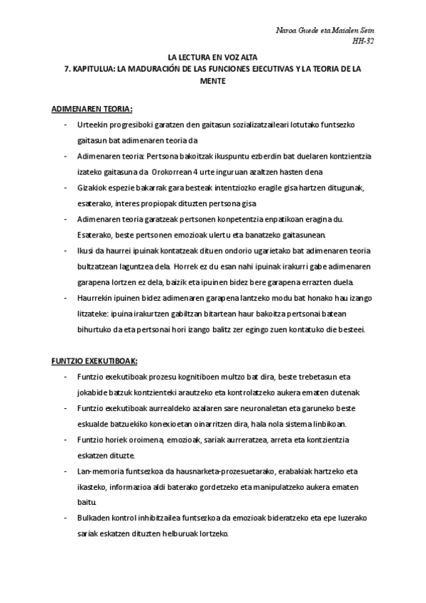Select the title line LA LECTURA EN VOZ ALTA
pos(212,55)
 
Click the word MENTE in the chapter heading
pos(212,81)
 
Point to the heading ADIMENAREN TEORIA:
pos(92,110)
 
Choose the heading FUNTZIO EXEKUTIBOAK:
pos(94,361)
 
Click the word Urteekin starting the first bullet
pos(91,124)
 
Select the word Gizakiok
pos(92,187)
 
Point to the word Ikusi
pos(84,250)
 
